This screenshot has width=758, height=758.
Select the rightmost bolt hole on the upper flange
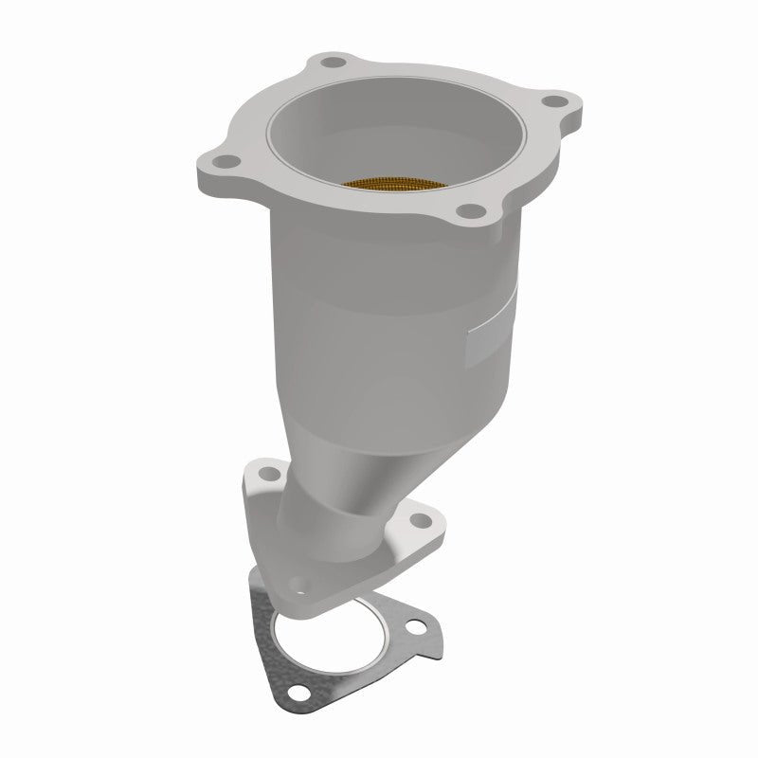[x=557, y=101]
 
